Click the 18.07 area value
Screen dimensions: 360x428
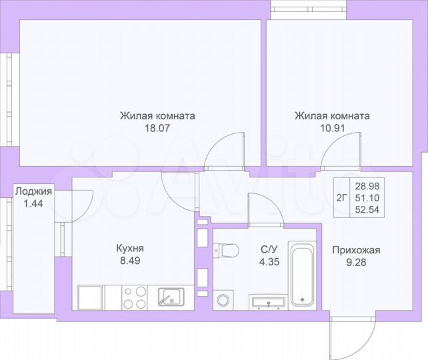(x=157, y=128)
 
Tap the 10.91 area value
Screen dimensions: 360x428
(x=332, y=128)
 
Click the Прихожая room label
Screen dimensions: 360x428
(x=356, y=250)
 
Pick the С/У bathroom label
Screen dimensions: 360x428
(x=269, y=250)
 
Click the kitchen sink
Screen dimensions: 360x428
(x=171, y=296)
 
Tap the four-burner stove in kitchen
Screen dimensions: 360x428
(x=135, y=297)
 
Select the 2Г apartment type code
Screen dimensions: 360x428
(x=341, y=197)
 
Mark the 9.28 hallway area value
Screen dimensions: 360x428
(x=356, y=262)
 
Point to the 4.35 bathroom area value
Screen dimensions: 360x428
(x=269, y=262)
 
